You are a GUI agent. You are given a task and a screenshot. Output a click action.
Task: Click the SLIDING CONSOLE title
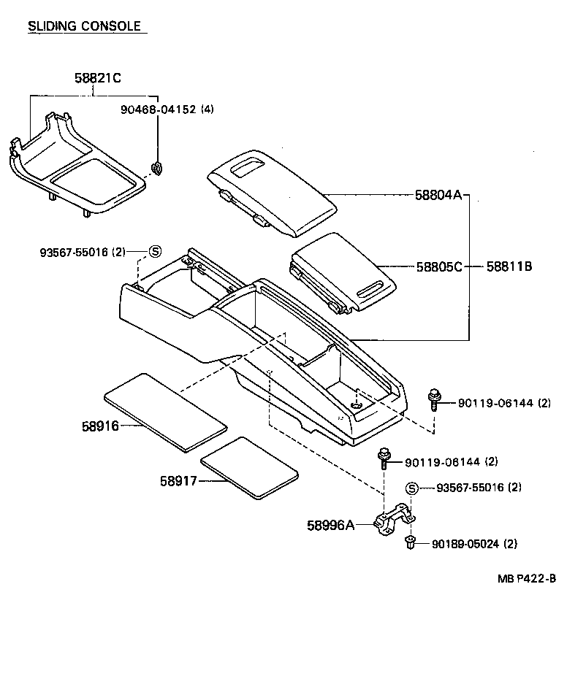pos(84,26)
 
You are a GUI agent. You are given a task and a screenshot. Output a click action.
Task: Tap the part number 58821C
pos(97,77)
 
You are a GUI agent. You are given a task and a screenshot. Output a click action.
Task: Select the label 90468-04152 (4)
pos(167,110)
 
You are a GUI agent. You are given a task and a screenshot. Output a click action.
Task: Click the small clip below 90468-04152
pos(156,169)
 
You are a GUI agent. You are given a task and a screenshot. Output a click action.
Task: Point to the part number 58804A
pos(439,195)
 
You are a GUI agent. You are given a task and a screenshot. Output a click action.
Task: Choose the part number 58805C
pos(439,266)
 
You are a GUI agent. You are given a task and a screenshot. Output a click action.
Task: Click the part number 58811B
pos(509,266)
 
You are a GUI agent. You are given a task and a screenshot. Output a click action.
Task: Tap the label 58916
pos(100,425)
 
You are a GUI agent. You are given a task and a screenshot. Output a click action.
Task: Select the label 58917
pos(179,480)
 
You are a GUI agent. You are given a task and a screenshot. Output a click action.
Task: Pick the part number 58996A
pos(330,524)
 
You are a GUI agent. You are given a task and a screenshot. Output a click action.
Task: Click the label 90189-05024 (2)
pos(475,543)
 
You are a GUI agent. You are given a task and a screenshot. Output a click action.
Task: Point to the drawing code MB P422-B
pos(526,580)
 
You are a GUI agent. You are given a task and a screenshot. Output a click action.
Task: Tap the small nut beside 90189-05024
pos(410,542)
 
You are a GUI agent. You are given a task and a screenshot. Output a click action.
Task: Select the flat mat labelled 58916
pos(164,410)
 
